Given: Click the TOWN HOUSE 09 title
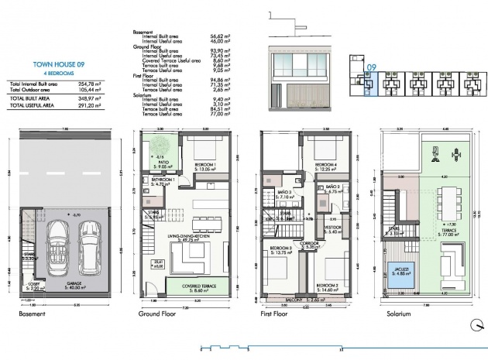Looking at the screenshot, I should point(54,66).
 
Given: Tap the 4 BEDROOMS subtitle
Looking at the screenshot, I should point(54,75).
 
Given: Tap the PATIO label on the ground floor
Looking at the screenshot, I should point(162,161).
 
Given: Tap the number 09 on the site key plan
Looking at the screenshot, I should point(371,67).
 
